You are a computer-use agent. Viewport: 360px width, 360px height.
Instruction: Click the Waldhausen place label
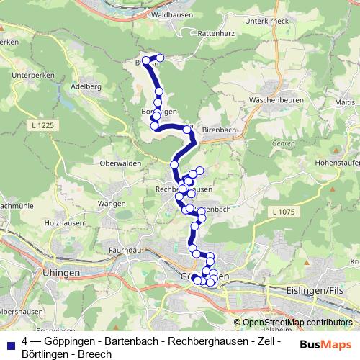pyautogui.click(x=170, y=14)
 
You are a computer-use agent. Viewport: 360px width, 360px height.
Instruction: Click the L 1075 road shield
pyautogui.click(x=285, y=211)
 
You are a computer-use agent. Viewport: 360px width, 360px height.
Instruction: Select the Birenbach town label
pyautogui.click(x=220, y=130)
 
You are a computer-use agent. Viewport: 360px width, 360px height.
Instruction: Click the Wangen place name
pyautogui.click(x=112, y=204)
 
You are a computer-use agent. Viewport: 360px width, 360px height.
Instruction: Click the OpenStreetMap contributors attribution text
pyautogui.click(x=293, y=323)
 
